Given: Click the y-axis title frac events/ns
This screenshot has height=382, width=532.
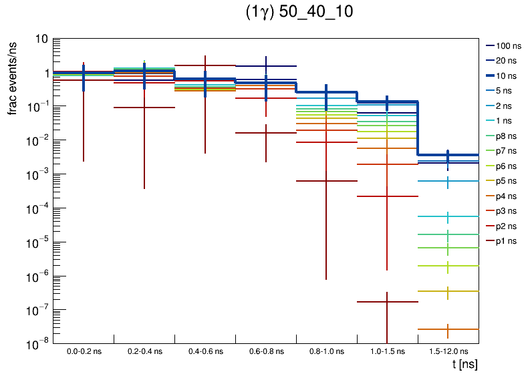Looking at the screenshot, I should click(x=13, y=77).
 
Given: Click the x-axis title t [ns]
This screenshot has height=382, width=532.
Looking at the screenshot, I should click(x=464, y=365).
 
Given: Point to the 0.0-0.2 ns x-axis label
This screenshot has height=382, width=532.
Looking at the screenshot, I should click(x=84, y=351).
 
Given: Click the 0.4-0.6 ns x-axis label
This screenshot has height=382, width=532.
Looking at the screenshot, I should click(x=205, y=351).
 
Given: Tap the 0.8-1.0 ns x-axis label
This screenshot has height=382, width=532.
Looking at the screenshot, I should click(x=326, y=351).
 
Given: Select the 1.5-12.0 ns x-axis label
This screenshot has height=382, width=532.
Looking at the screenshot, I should click(x=448, y=351).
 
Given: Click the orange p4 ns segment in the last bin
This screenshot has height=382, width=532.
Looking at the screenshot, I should click(x=461, y=329).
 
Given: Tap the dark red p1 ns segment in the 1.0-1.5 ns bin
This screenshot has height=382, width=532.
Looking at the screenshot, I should click(x=401, y=302).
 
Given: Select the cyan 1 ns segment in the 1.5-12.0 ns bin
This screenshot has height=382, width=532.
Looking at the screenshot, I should click(x=461, y=217).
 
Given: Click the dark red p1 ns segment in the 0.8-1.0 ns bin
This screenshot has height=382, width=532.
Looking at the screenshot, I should click(x=341, y=181).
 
